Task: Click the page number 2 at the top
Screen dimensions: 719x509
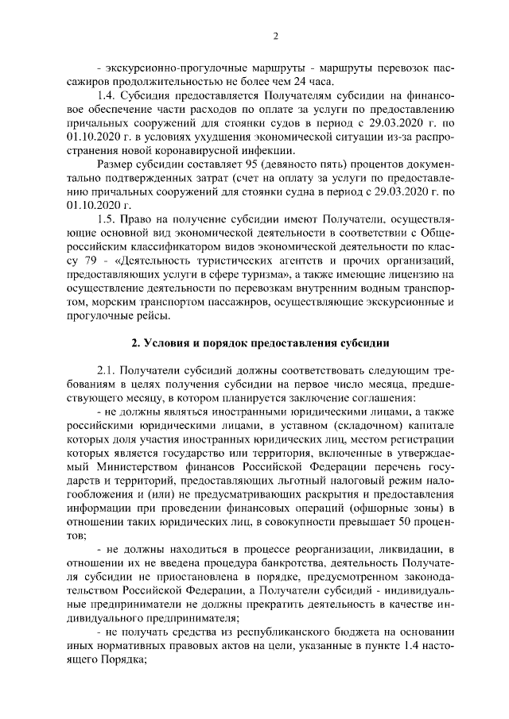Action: coord(274,36)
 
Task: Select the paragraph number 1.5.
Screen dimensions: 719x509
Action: coord(107,218)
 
